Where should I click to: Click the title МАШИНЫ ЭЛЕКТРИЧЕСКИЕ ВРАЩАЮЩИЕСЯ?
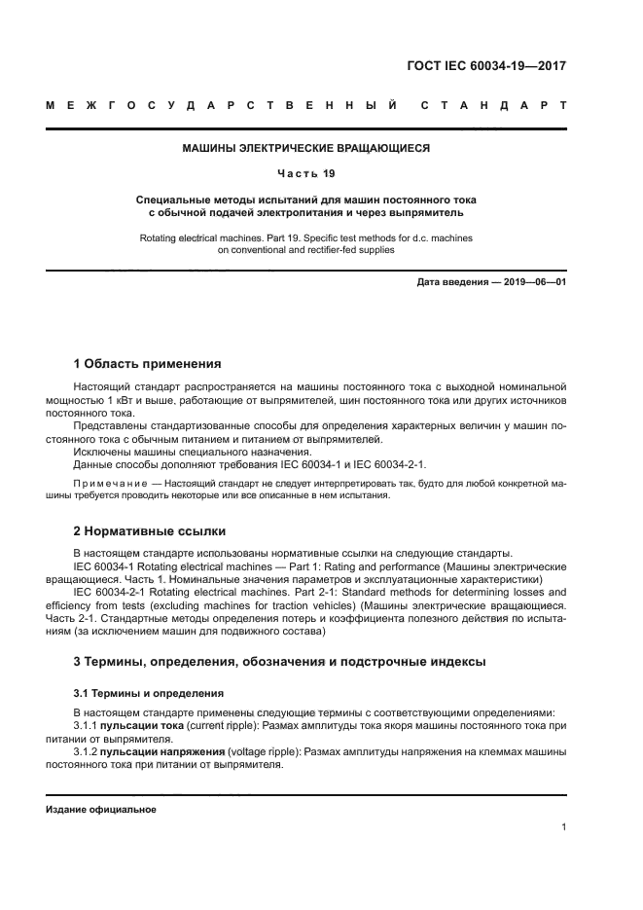pyautogui.click(x=306, y=149)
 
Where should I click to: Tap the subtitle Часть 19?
pyautogui.click(x=306, y=174)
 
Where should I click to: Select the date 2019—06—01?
pyautogui.click(x=533, y=282)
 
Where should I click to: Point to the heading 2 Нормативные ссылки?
pyautogui.click(x=150, y=531)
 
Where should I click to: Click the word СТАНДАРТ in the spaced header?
pyautogui.click(x=492, y=103)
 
